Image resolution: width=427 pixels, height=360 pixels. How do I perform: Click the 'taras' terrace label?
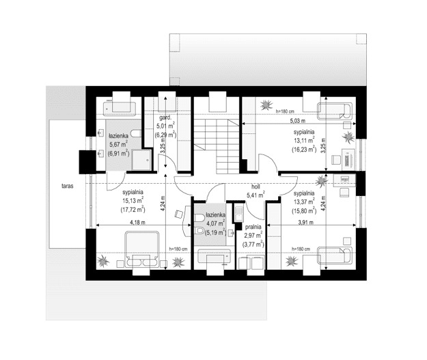(x=67, y=186)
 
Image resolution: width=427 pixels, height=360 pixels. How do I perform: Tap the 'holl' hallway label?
(x=256, y=187)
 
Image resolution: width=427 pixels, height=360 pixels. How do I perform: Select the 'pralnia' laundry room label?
(x=253, y=227)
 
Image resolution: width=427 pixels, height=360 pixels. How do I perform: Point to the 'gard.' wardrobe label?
(x=165, y=118)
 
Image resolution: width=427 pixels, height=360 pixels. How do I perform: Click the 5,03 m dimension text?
(x=298, y=120)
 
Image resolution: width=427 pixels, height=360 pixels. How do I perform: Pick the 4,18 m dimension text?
(x=137, y=223)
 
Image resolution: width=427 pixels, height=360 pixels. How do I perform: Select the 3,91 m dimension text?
(x=306, y=223)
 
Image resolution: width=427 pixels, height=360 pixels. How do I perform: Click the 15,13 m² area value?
(x=133, y=201)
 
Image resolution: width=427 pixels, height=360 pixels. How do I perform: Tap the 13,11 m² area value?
(x=304, y=141)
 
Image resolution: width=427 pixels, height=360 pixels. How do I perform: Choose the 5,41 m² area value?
(x=256, y=195)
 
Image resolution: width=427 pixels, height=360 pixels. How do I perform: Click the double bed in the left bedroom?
(x=142, y=249)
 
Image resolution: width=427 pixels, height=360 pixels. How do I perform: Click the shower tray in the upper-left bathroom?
(x=141, y=160)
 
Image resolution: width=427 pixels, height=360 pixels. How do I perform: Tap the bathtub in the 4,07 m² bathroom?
(x=215, y=256)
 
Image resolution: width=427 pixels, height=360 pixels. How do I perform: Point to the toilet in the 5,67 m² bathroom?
(x=136, y=133)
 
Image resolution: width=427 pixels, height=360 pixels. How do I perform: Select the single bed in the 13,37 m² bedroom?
(x=335, y=255)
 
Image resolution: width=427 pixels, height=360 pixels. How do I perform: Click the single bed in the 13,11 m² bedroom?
(x=335, y=111)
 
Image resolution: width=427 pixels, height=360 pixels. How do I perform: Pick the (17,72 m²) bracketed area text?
(x=133, y=210)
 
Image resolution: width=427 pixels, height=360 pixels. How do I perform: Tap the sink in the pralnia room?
(x=239, y=213)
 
